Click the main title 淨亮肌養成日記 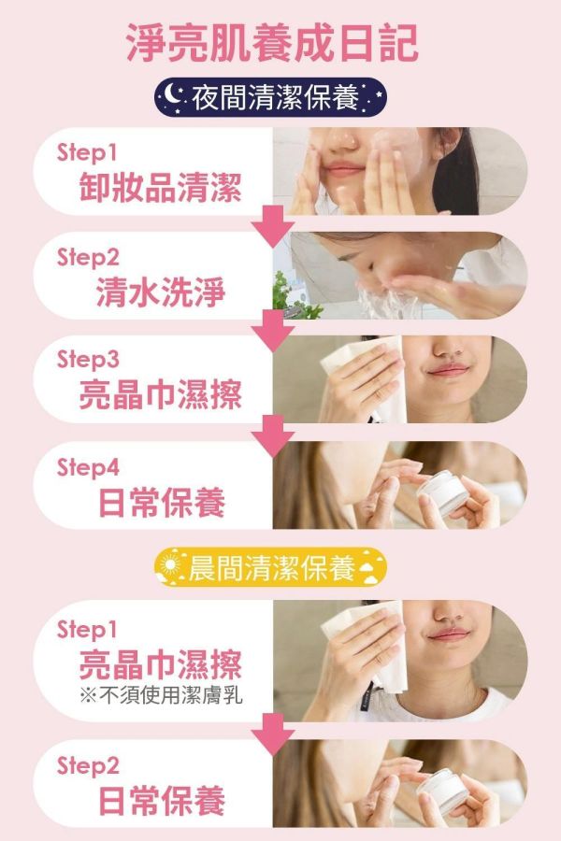pyautogui.click(x=272, y=44)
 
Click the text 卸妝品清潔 pyautogui.click(x=160, y=189)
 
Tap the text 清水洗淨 pyautogui.click(x=160, y=293)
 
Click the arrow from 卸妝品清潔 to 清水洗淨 pyautogui.click(x=273, y=225)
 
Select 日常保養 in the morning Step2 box pyautogui.click(x=162, y=802)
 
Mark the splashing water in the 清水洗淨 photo pyautogui.click(x=379, y=299)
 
